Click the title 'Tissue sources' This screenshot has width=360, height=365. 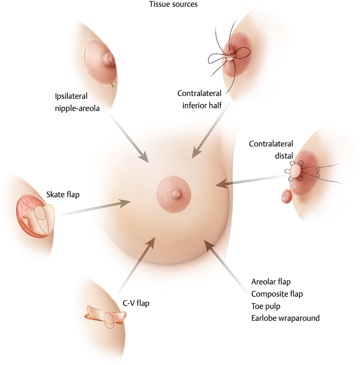click(173, 5)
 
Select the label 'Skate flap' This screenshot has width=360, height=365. click(62, 195)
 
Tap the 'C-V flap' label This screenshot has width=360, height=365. click(136, 302)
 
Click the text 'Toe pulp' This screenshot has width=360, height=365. click(266, 306)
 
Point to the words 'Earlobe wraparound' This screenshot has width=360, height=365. click(285, 318)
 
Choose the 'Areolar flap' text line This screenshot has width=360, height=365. click(271, 281)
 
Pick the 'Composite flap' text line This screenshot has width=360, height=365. click(277, 293)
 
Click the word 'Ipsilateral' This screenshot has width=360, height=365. click(71, 96)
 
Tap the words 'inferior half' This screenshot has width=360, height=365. click(203, 105)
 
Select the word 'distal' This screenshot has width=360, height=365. click(284, 156)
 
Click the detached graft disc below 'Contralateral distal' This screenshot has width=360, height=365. click(287, 196)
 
